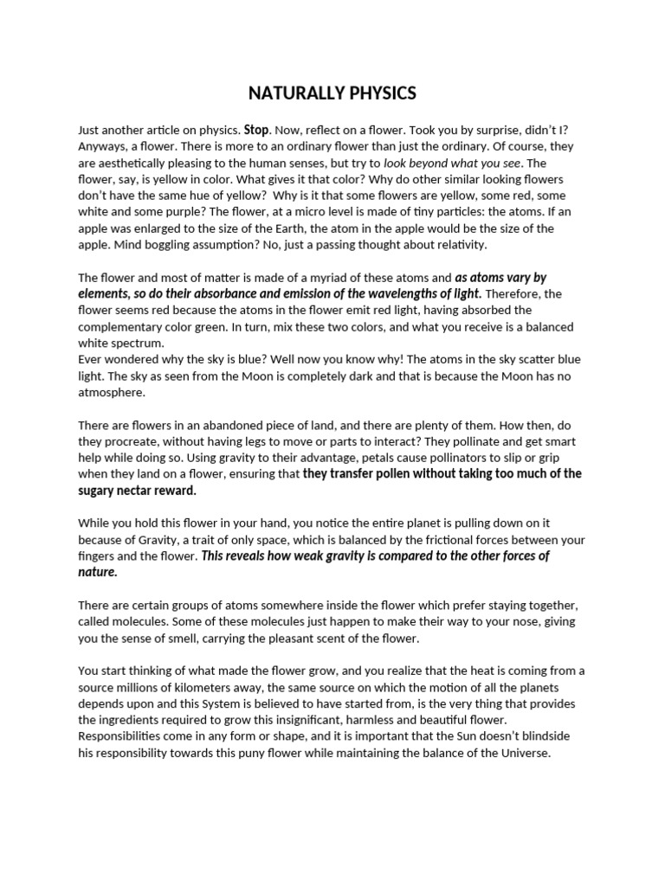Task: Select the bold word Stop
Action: point(256,130)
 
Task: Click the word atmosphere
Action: point(112,393)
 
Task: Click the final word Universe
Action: point(524,754)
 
